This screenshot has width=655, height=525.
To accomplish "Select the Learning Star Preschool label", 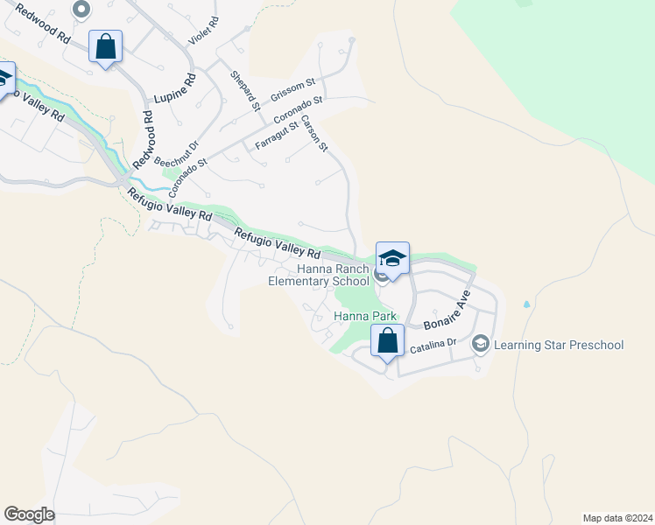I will [x=559, y=345].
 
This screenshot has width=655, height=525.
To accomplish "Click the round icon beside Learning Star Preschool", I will [x=480, y=344].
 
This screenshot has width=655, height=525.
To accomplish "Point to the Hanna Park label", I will [x=365, y=316].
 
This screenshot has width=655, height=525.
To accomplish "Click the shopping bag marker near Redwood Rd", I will [x=105, y=48].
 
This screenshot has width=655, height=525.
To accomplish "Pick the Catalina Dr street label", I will [x=433, y=348].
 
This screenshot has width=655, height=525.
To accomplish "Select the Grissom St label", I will [x=292, y=89].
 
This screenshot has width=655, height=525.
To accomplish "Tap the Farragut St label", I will [x=277, y=136].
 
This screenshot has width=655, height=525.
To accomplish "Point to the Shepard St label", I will [x=244, y=91].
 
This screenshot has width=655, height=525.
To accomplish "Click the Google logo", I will [x=29, y=514].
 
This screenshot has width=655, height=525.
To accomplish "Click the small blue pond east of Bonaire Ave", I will [x=526, y=304].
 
